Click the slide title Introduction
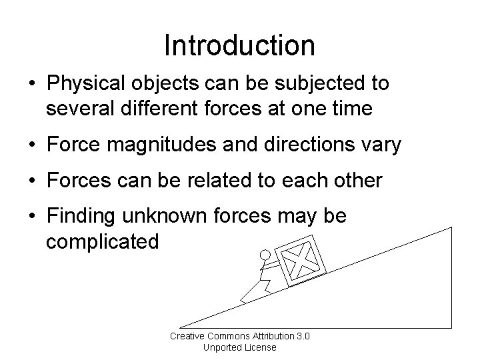pyautogui.click(x=239, y=45)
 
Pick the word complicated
pyautogui.click(x=102, y=241)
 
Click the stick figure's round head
pyautogui.click(x=265, y=255)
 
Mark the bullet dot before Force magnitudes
pyautogui.click(x=32, y=145)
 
